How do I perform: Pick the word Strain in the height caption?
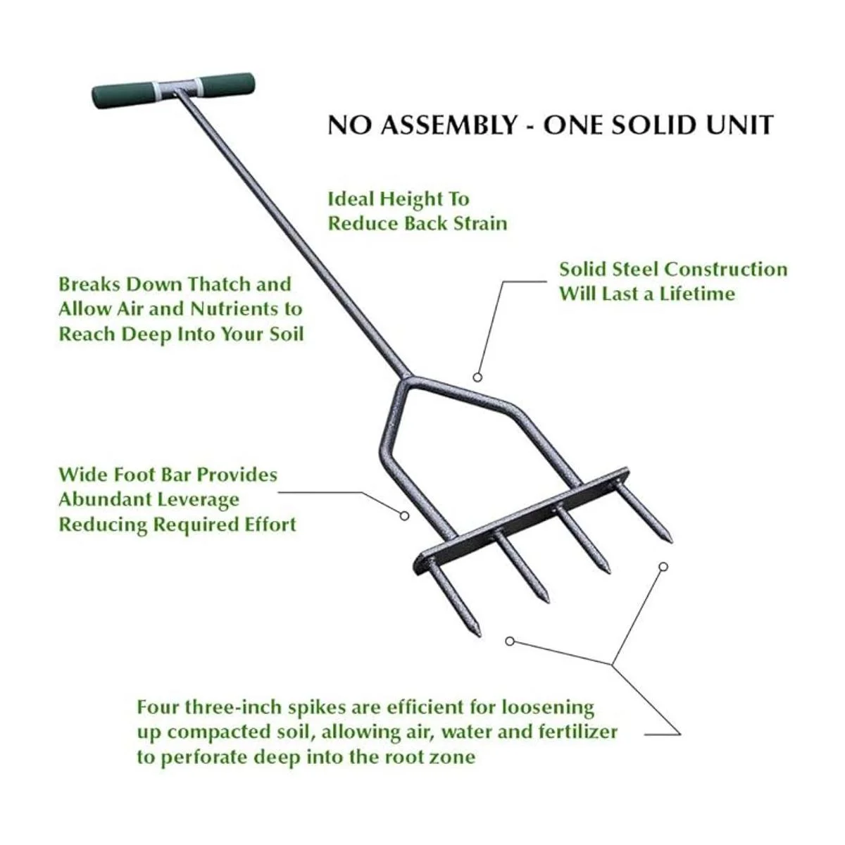[480, 223]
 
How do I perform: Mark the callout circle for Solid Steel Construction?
[477, 377]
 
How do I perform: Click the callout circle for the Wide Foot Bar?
[405, 516]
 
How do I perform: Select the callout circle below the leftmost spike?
[510, 641]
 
